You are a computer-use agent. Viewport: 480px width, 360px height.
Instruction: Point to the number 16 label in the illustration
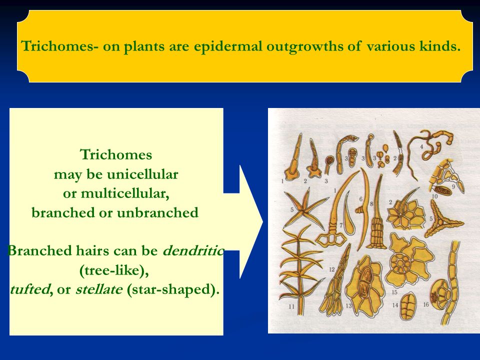[x=426, y=303]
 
